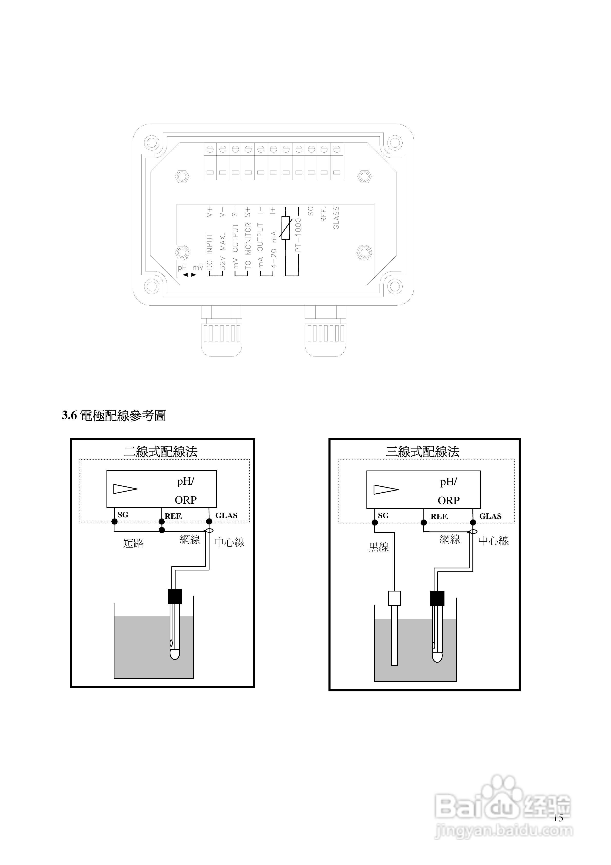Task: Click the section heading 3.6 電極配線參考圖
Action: click(x=114, y=416)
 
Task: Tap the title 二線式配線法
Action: click(x=161, y=451)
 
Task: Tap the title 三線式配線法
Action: click(x=422, y=451)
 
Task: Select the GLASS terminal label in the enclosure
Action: click(x=336, y=218)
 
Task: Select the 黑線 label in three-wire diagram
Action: click(x=379, y=547)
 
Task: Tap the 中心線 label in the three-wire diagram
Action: click(x=493, y=541)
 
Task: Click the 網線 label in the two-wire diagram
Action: click(x=190, y=539)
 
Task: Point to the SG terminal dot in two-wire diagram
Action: click(x=114, y=521)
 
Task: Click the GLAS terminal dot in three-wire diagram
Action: click(x=473, y=522)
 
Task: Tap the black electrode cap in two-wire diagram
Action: click(x=175, y=596)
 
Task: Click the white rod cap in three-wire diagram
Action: click(x=394, y=598)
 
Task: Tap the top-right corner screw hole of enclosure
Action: click(x=394, y=143)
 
